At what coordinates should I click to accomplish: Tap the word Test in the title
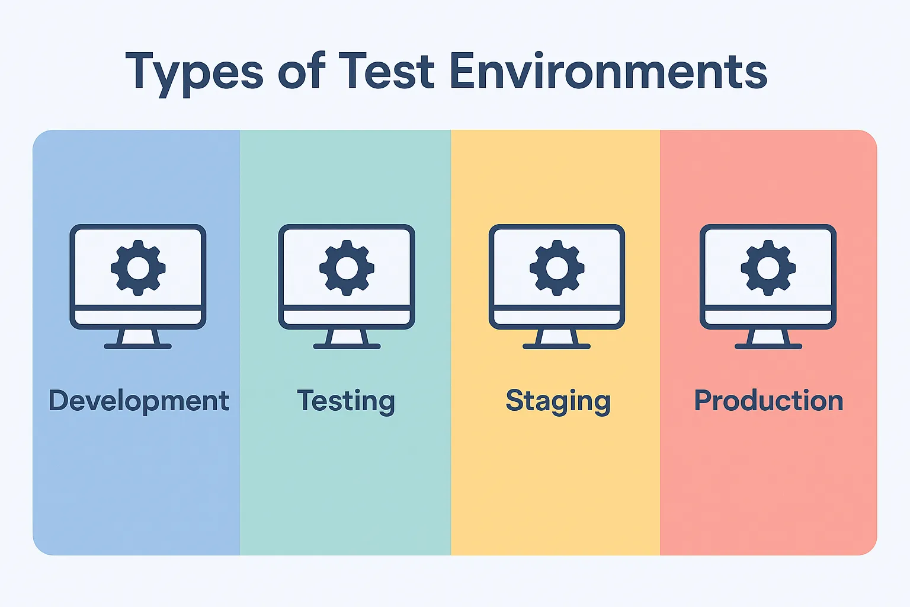pos(387,71)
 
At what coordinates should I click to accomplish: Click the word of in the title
pos(302,71)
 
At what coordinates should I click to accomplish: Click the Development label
pos(139,401)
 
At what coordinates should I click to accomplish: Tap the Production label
pos(768,401)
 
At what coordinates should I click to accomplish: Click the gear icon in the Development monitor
pos(138,268)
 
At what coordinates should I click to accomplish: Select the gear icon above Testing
pos(347,268)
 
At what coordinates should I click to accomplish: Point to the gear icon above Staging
pos(557,268)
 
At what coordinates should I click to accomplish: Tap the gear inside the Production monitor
pos(768,268)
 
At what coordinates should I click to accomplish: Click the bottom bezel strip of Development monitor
pos(138,317)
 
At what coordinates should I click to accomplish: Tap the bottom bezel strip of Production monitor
pos(768,317)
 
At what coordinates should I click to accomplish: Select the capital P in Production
pos(703,401)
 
